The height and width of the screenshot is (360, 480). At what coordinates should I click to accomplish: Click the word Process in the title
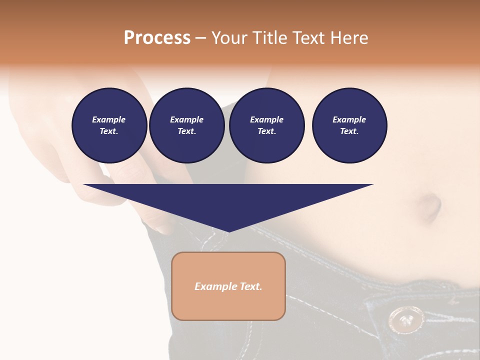point(157,38)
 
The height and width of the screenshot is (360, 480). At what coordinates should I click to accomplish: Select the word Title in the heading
point(271,38)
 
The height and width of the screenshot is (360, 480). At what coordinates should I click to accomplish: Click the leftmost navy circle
point(109,125)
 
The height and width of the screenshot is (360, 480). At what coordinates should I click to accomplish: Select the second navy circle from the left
point(186,125)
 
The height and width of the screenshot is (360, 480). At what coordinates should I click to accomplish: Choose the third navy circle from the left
point(266,125)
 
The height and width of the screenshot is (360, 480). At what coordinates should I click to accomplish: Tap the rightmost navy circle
point(349,125)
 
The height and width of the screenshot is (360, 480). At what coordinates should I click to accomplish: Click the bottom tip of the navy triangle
point(228,231)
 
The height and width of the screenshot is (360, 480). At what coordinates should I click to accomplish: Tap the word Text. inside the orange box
point(250,286)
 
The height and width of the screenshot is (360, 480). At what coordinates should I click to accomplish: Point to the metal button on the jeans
point(403,318)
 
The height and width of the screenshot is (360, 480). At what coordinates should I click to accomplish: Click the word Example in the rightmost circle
point(349,120)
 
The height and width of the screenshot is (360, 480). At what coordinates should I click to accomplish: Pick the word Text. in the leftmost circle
point(109,131)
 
